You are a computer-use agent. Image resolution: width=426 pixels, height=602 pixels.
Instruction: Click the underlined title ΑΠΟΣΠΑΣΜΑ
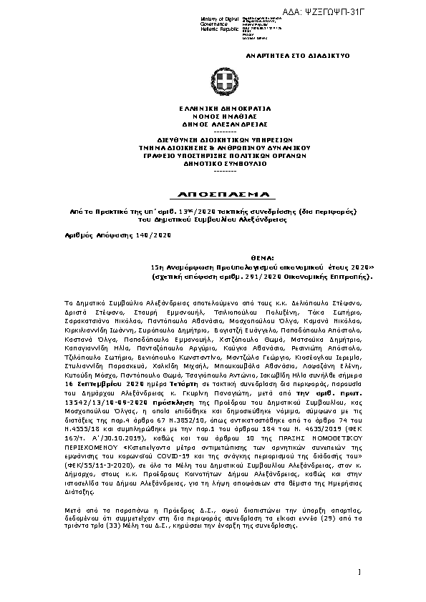[215, 195]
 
